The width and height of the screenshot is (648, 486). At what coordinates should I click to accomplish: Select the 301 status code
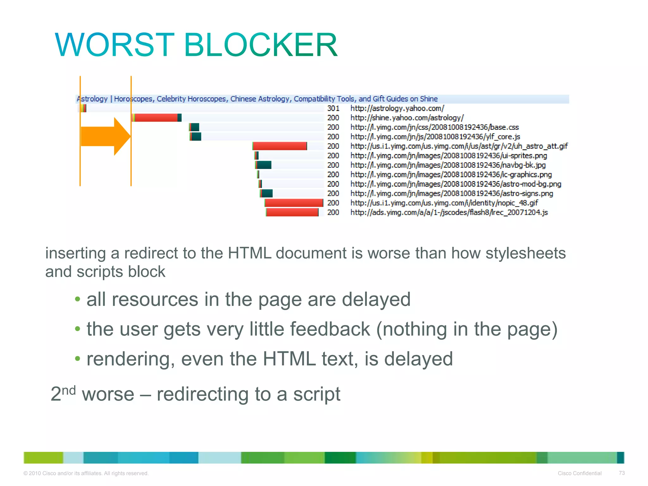[333, 108]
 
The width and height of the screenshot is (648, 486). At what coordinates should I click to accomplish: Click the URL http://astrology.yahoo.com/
[397, 108]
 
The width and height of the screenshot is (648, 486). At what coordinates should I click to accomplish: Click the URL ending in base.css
[434, 127]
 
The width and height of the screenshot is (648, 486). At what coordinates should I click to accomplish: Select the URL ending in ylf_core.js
[435, 137]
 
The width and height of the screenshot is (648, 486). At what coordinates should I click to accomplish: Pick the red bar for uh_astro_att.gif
[280, 146]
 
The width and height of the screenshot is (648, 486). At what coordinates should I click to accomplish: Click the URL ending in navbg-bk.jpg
[448, 165]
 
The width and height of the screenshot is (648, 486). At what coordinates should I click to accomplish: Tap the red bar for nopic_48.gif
[294, 203]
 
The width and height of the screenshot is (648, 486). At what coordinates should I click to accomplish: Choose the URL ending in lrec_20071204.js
[449, 212]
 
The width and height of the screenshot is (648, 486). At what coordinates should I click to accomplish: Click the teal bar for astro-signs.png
[267, 193]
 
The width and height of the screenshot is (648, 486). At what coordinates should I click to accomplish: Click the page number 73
[621, 473]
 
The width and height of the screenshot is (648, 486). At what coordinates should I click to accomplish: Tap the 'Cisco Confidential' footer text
[579, 473]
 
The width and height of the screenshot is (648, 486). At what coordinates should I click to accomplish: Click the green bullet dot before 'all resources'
[78, 299]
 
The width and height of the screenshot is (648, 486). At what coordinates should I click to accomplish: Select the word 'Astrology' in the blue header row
[92, 99]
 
